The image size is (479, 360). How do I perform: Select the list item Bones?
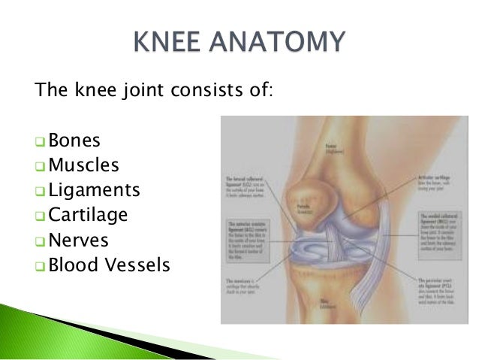coord(74,141)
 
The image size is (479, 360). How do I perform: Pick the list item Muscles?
coord(83,165)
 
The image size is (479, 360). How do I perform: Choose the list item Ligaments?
coord(94,189)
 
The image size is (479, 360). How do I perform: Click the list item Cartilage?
coord(88,215)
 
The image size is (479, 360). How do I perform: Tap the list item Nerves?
coord(78,240)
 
